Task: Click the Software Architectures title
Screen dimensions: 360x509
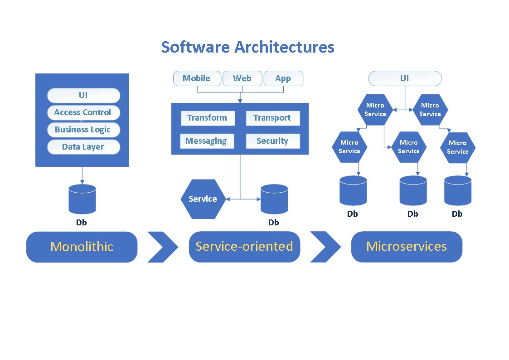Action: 247,47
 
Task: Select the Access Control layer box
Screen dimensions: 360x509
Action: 83,112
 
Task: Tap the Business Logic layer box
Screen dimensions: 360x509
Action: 83,130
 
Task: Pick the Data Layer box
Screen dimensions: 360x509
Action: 83,147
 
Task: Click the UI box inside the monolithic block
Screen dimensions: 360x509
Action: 83,95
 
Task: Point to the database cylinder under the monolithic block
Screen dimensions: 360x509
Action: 82,199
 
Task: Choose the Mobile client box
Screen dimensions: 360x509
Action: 197,78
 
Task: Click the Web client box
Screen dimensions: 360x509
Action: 242,78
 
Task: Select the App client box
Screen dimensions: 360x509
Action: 283,78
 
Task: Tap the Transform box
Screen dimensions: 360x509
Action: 207,118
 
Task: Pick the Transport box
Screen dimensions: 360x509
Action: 272,118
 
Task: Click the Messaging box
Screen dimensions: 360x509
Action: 206,141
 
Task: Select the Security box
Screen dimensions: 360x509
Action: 272,141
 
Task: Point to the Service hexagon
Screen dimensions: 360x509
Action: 203,199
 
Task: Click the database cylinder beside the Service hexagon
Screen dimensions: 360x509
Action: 274,199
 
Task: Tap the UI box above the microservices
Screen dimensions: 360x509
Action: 404,78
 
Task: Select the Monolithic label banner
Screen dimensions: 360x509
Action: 82,247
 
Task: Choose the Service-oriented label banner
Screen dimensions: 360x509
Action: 244,247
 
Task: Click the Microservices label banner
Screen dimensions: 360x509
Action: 407,247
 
